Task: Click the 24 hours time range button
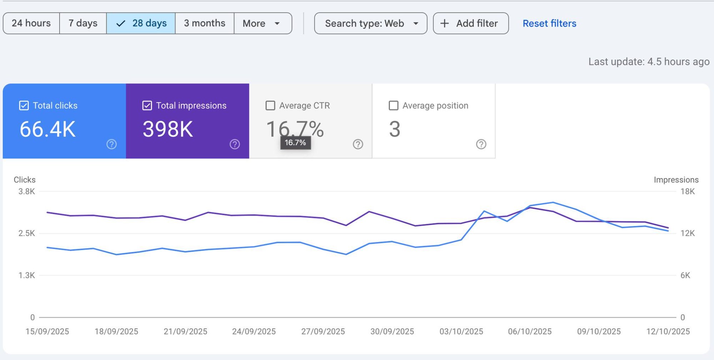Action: click(31, 23)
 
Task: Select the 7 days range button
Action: click(83, 23)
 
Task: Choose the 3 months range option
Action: click(205, 23)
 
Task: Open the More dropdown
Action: click(262, 23)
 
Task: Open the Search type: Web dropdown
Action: click(371, 23)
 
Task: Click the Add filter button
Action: click(471, 23)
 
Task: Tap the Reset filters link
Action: click(549, 23)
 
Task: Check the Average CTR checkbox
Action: click(270, 105)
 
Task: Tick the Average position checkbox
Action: click(393, 105)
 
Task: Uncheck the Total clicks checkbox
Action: click(24, 105)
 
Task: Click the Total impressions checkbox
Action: click(147, 105)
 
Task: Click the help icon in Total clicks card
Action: click(111, 144)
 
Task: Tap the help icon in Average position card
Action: click(481, 144)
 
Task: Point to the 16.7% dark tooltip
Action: click(295, 142)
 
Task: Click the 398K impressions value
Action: click(168, 129)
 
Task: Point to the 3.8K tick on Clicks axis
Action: click(27, 191)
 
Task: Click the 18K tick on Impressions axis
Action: click(687, 191)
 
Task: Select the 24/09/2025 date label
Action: click(254, 331)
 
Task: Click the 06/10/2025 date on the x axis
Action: click(530, 331)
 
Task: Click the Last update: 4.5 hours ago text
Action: click(649, 62)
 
